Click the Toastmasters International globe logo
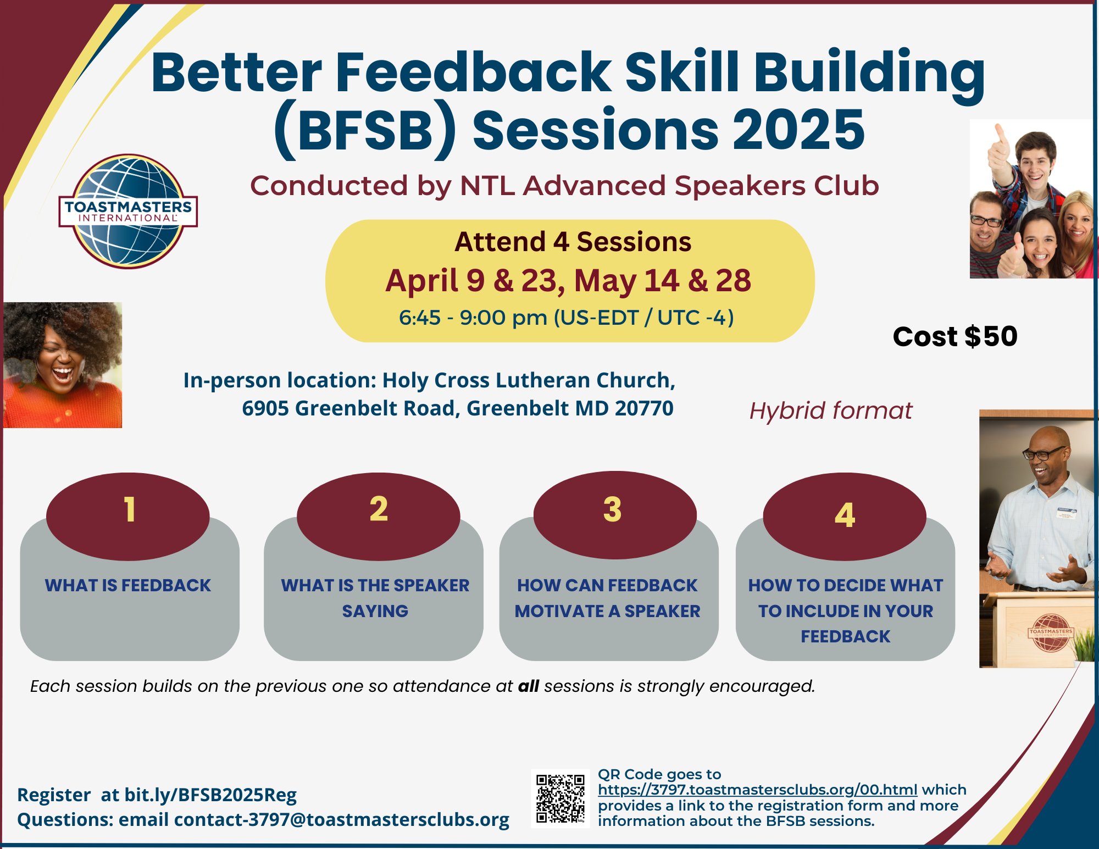[128, 212]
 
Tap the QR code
[560, 798]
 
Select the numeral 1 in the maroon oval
[130, 509]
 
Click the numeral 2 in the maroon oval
[379, 508]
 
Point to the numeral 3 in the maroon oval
[612, 509]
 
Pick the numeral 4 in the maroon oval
[845, 515]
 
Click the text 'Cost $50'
[955, 336]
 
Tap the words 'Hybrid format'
[831, 411]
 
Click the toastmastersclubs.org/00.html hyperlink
[758, 790]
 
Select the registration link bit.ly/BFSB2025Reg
[210, 795]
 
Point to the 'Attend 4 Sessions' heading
[573, 242]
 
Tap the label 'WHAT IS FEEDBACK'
[128, 585]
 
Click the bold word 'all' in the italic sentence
[529, 686]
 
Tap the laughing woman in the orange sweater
[63, 365]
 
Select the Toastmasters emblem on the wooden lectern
[1050, 632]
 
